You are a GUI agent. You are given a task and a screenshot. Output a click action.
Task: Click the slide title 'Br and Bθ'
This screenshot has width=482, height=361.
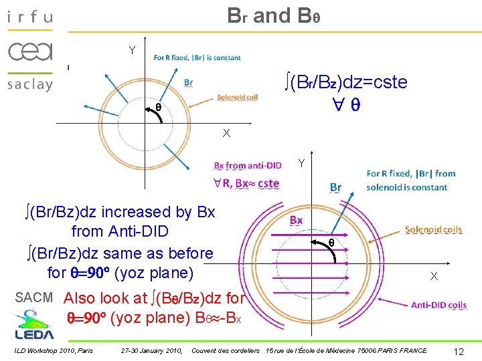tap(274, 16)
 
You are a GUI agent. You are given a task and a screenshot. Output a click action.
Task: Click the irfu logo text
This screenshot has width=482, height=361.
tap(29, 17)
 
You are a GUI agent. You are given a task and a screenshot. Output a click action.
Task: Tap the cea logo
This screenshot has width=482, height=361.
tap(29, 51)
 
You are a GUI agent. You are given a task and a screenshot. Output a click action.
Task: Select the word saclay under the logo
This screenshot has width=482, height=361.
tap(29, 84)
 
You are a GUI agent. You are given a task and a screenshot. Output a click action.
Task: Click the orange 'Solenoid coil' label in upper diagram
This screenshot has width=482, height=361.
tap(237, 98)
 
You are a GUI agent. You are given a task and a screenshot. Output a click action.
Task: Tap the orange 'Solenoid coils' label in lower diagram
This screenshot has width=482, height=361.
tap(433, 229)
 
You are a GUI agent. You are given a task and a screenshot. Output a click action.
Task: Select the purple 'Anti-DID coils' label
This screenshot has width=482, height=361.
tap(438, 306)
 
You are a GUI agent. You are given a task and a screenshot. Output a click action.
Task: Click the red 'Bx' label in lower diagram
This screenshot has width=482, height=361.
tap(295, 220)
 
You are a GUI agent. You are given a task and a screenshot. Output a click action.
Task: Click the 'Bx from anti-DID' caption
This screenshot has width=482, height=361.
tap(247, 166)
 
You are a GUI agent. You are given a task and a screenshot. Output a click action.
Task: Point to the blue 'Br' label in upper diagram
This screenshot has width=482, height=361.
tap(189, 83)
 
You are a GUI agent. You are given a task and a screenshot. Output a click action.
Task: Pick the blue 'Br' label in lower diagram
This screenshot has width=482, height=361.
tap(335, 187)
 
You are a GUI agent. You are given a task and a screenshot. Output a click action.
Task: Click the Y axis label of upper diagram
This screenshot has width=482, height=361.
tap(132, 50)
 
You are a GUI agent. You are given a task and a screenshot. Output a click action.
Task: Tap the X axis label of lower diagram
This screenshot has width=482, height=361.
tap(434, 276)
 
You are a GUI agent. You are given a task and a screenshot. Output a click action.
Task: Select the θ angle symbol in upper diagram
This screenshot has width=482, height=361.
tap(158, 106)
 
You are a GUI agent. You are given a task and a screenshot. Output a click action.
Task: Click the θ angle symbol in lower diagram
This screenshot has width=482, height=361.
tap(331, 243)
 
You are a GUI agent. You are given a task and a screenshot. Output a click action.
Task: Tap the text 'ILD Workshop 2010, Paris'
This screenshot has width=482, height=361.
tap(53, 350)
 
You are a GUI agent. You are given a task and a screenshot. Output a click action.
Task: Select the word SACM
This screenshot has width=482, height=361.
tap(34, 297)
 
